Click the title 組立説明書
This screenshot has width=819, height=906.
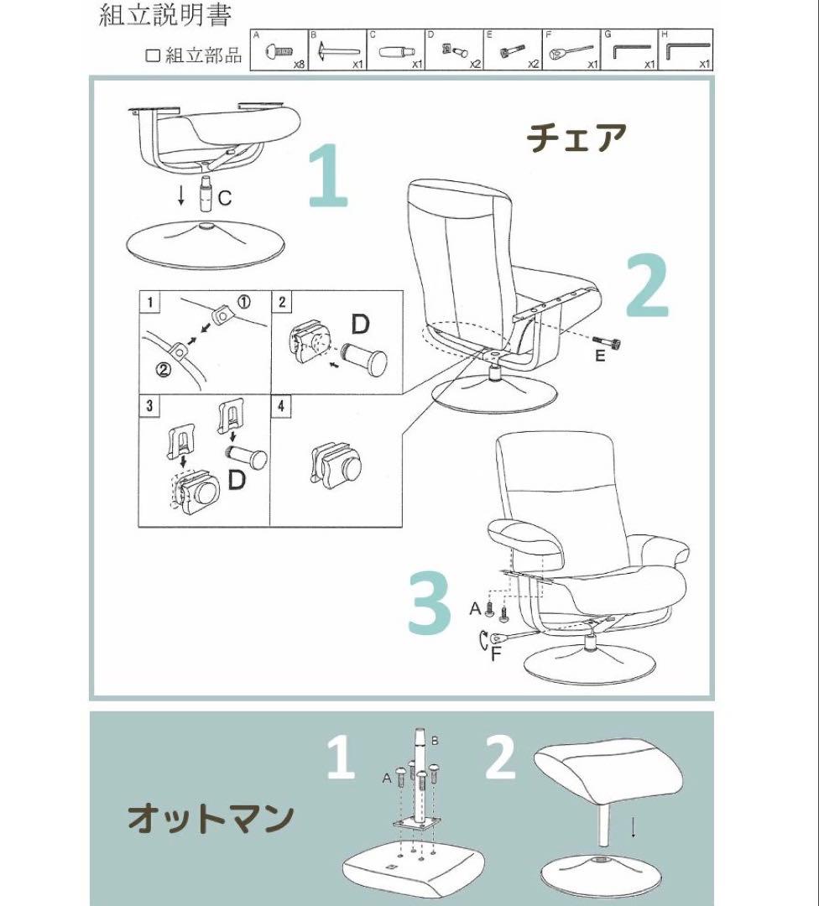point(164,14)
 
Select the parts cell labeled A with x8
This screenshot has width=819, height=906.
point(279,52)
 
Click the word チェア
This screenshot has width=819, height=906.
point(577,137)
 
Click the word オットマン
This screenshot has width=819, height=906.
point(211,818)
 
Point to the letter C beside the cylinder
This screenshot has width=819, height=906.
point(224,198)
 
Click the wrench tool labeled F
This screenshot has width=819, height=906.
point(503,639)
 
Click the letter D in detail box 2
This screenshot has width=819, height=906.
point(360,324)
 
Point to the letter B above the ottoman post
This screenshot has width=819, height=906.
point(435,741)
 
